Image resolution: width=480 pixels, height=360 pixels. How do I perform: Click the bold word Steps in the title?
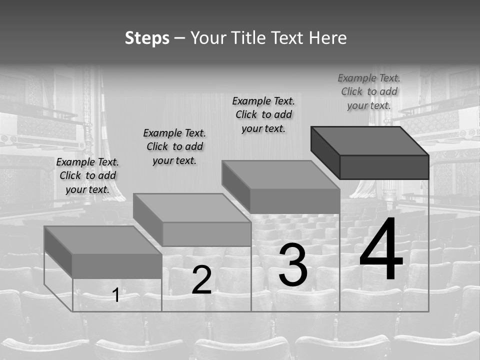[x=147, y=38]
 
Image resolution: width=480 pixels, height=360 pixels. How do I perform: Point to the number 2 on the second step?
[x=201, y=280]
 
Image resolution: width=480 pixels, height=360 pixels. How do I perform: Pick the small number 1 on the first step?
[x=116, y=295]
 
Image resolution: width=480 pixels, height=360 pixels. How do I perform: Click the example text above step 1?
[x=87, y=175]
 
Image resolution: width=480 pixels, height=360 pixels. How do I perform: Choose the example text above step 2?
[x=174, y=146]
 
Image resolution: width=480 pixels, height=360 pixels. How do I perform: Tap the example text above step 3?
[x=263, y=114]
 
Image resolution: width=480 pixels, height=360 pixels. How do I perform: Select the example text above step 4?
[x=369, y=91]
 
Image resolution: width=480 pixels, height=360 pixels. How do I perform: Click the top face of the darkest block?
[x=370, y=140]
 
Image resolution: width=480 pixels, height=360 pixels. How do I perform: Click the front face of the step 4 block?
[x=384, y=166]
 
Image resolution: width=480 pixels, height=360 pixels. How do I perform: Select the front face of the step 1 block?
[x=117, y=266]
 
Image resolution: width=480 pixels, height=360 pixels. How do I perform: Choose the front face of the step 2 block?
[x=206, y=234]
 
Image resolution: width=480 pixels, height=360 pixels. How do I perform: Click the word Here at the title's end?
[x=328, y=38]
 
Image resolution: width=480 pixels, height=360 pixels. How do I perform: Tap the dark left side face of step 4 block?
[x=325, y=150]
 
